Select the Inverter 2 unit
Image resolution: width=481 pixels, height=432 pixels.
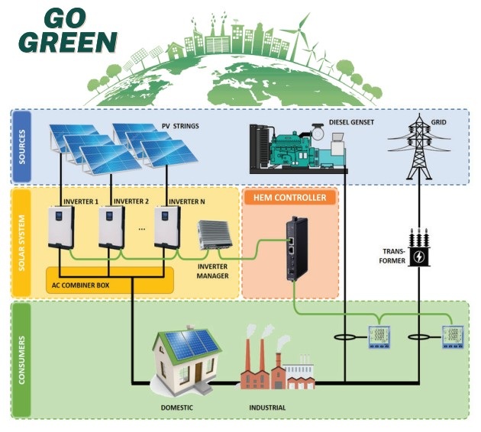pos(111,227)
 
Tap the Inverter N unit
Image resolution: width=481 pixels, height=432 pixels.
pos(166,227)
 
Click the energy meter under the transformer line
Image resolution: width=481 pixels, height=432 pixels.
pos(454,337)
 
